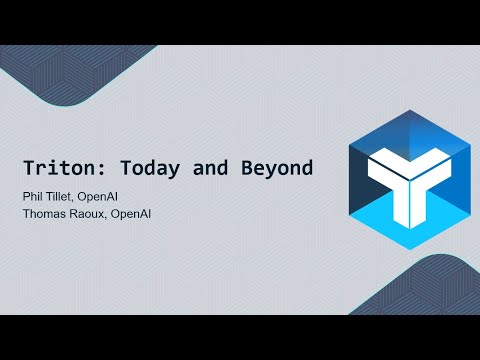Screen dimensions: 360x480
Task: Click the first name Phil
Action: pos(35,195)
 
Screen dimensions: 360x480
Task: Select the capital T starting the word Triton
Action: pos(30,169)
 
